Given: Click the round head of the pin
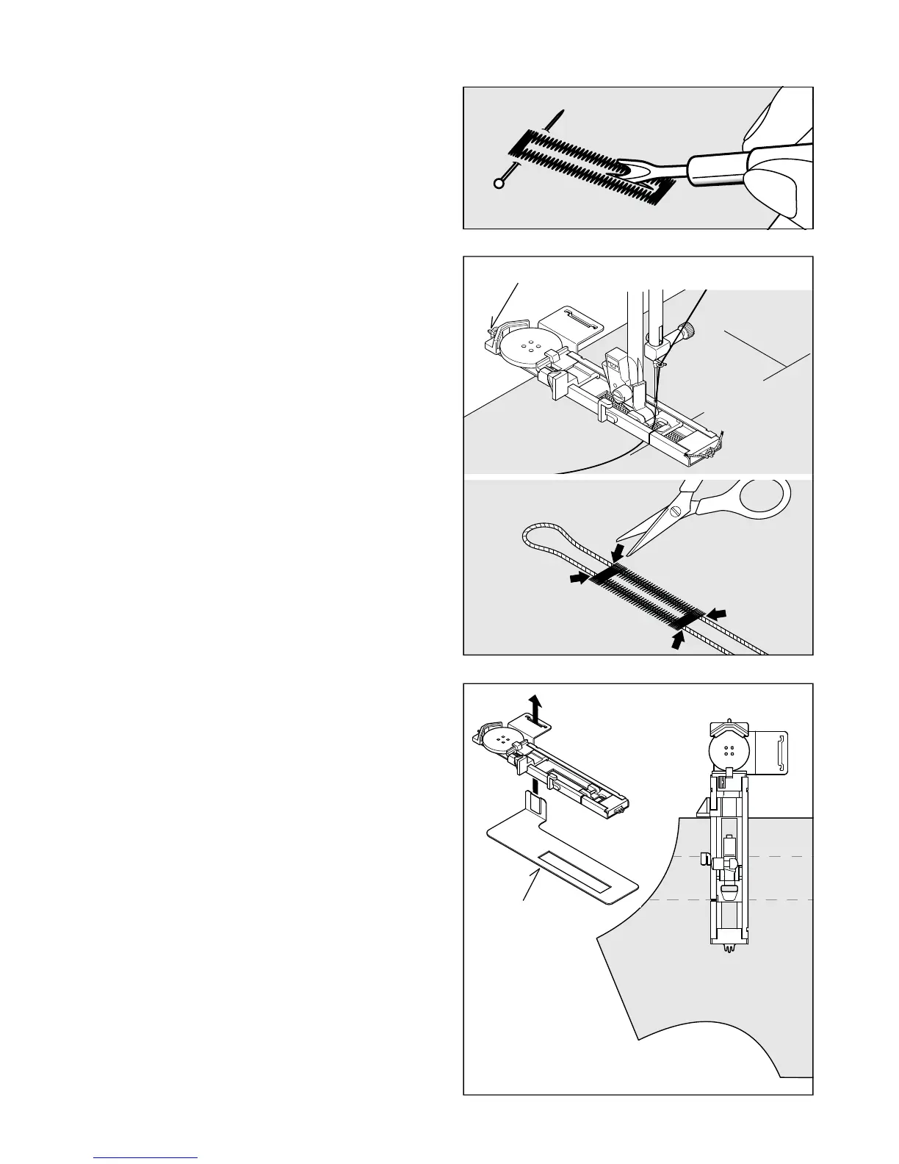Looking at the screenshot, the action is (x=499, y=184).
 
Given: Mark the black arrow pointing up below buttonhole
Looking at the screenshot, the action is (x=678, y=639).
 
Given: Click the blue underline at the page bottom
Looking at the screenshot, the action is (x=146, y=1157).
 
